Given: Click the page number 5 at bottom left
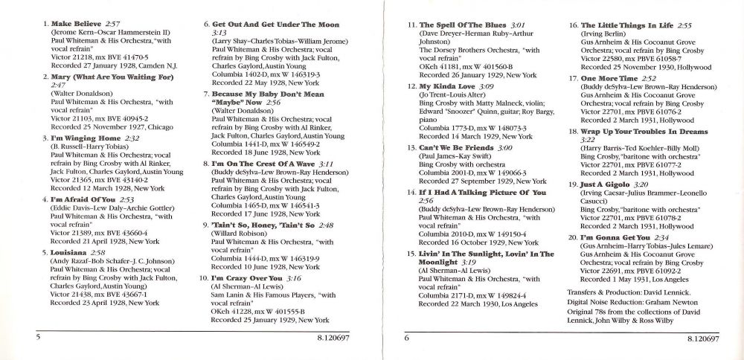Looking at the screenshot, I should pos(36,338).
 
